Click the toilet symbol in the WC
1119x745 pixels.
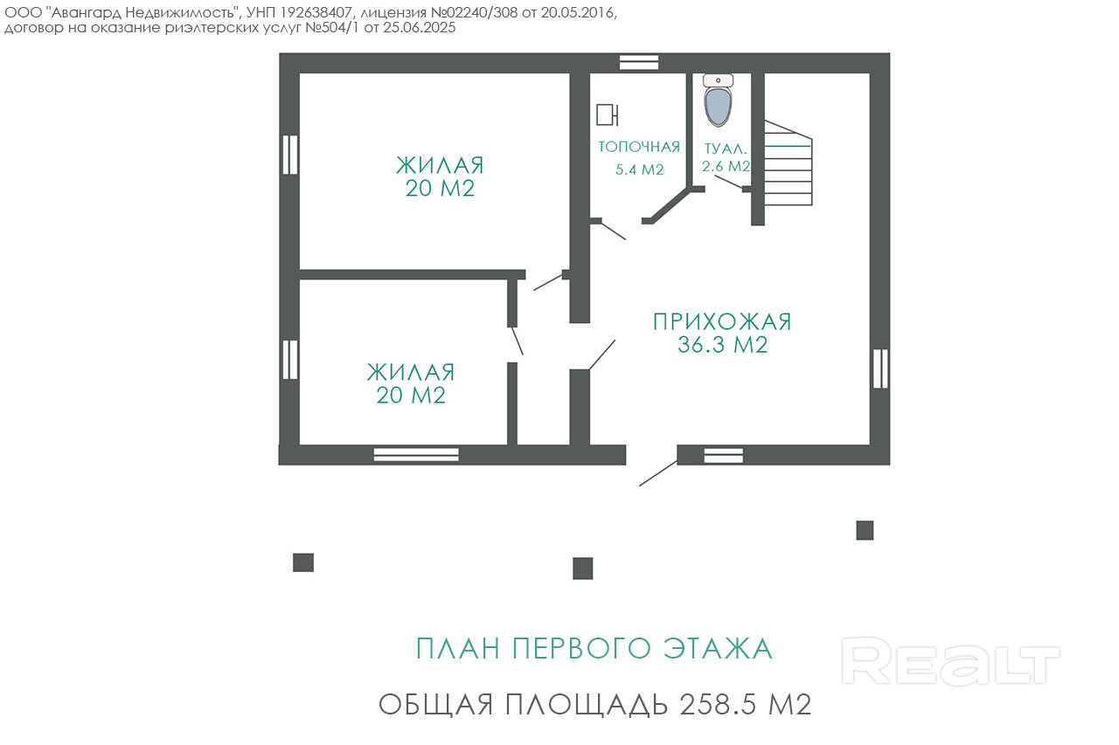(718, 100)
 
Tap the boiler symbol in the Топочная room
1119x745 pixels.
(608, 114)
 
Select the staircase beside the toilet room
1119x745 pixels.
(789, 162)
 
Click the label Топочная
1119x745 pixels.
(639, 147)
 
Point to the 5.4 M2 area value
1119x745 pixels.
(639, 169)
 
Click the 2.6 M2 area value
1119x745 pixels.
(726, 166)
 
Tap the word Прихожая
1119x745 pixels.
(722, 322)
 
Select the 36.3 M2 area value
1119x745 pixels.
(722, 345)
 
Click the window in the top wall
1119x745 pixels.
(639, 63)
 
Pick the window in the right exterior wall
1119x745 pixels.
(880, 369)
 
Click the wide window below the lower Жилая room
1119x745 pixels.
(416, 454)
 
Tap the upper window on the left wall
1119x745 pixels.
(290, 155)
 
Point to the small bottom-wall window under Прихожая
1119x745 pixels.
(723, 456)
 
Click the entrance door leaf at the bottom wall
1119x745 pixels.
(658, 473)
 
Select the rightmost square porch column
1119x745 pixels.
(865, 530)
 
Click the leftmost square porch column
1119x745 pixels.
(303, 562)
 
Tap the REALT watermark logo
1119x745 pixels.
(950, 661)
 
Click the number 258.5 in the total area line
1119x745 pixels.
(718, 705)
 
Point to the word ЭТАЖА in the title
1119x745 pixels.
(718, 648)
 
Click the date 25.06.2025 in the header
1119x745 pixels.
(419, 27)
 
